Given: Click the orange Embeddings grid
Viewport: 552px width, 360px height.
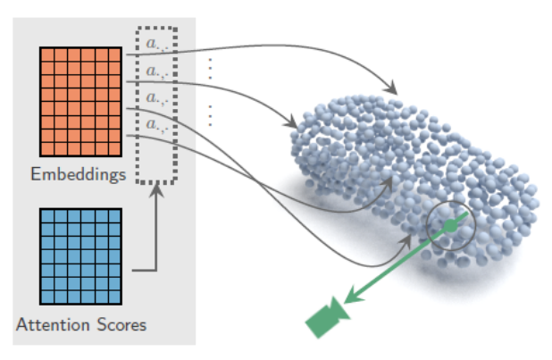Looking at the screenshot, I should (x=79, y=102).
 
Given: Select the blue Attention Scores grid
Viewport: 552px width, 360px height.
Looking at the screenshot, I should (x=80, y=256).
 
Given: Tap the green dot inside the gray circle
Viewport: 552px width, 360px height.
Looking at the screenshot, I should (x=452, y=228).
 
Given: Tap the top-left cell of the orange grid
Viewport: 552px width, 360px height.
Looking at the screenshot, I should (x=46, y=55).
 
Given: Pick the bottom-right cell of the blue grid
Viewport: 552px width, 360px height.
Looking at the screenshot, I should (x=113, y=296).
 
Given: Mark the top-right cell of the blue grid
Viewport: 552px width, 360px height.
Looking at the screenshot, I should (x=113, y=217).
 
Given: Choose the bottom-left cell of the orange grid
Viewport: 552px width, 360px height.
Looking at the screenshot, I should (x=46, y=148).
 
